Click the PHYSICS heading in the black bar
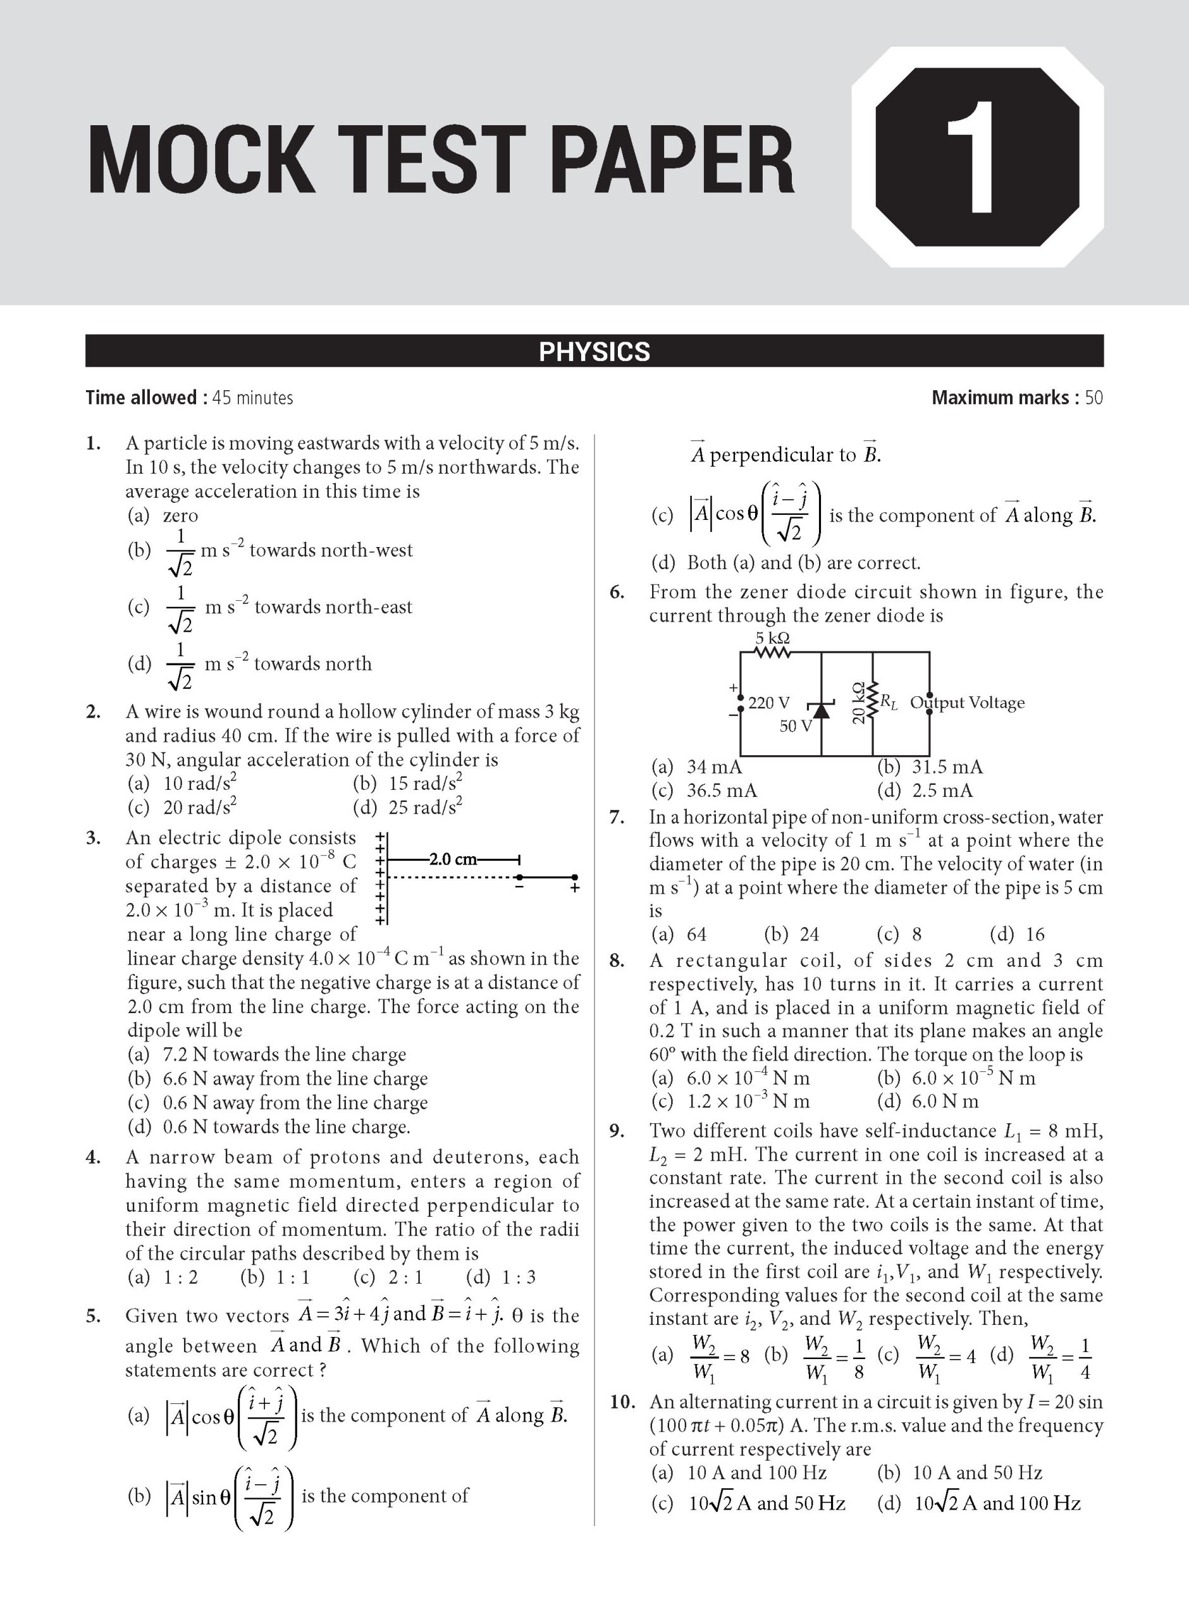click(x=594, y=351)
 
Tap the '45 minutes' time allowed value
click(x=252, y=398)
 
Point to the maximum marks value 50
click(x=1094, y=398)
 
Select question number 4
click(x=93, y=1158)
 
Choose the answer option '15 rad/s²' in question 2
click(x=424, y=783)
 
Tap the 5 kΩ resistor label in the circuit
click(x=772, y=638)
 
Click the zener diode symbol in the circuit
click(x=821, y=708)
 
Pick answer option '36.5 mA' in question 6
click(x=721, y=791)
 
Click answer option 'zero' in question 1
click(x=180, y=516)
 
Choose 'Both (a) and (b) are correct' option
click(x=803, y=562)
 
